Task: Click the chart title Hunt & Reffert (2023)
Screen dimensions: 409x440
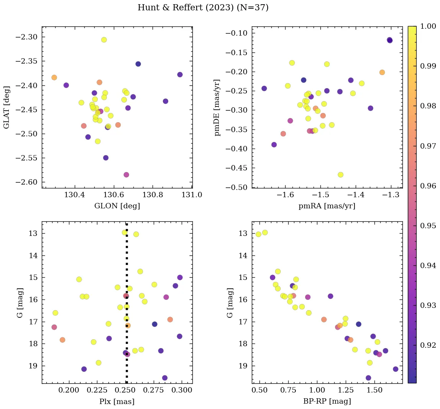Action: (203, 8)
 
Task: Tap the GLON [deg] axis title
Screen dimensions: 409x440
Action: (117, 206)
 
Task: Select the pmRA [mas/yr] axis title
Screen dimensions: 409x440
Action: (327, 206)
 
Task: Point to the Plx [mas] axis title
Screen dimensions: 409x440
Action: (117, 401)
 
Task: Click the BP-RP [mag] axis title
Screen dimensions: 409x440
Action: (327, 401)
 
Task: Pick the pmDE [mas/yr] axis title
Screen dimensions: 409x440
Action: (218, 107)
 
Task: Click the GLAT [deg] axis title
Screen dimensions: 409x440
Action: (7, 107)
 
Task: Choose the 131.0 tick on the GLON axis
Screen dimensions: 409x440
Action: (192, 195)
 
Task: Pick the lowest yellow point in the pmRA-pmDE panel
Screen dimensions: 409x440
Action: (340, 175)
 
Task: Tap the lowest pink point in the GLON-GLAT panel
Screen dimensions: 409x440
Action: (126, 175)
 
